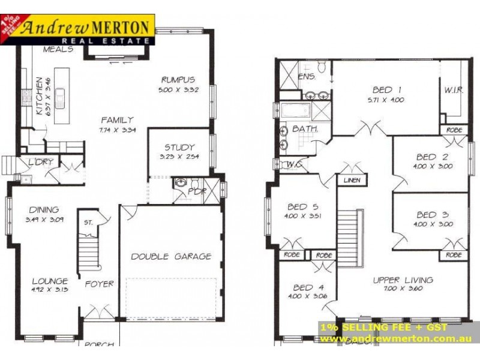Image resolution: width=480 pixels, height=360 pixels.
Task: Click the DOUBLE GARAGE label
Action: pyautogui.click(x=171, y=256)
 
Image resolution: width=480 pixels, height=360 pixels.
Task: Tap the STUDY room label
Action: pyautogui.click(x=179, y=147)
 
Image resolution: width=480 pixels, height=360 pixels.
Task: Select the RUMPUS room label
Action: pyautogui.click(x=179, y=80)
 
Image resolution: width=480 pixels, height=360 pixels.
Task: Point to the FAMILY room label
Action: pyautogui.click(x=117, y=119)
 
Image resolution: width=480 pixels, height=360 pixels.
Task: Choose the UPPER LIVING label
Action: pyautogui.click(x=403, y=280)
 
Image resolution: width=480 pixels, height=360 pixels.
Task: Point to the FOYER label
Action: pyautogui.click(x=99, y=284)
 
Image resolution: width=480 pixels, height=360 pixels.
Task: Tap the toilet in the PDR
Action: pyautogui.click(x=181, y=184)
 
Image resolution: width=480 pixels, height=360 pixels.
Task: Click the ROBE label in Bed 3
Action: pyautogui.click(x=453, y=255)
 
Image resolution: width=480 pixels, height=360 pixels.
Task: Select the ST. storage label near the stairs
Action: pyautogui.click(x=89, y=223)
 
